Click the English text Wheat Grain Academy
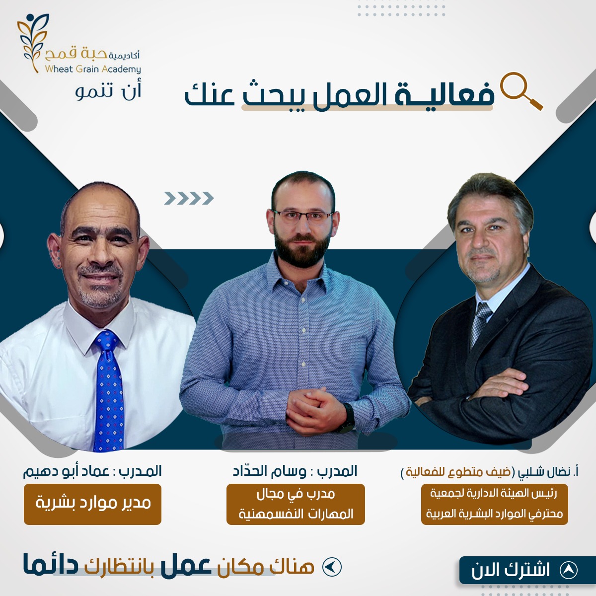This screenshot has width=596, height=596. point(93,69)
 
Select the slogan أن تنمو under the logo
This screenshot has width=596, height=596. point(108,92)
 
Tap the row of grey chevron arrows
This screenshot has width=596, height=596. point(189,198)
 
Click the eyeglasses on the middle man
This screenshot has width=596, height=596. point(302,216)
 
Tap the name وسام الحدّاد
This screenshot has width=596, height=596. point(269,471)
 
